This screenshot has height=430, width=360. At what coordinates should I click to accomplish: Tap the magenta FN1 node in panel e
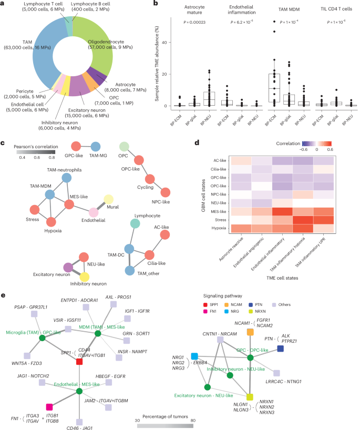(49, 406)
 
